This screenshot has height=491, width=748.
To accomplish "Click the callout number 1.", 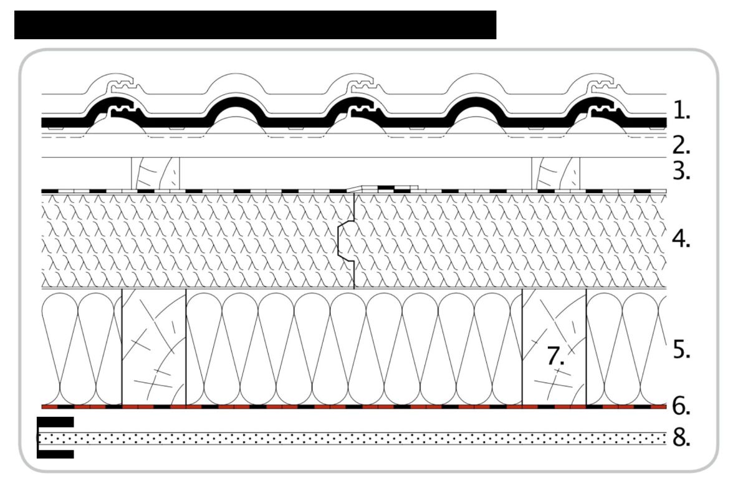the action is [x=681, y=110].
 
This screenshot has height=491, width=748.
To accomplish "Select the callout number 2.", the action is [x=681, y=145].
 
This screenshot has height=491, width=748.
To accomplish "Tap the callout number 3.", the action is [x=681, y=171].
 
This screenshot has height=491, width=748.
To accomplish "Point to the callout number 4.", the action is [x=681, y=239].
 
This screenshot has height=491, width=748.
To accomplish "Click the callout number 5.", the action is [x=681, y=350].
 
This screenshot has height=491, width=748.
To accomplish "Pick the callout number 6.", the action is [x=681, y=406].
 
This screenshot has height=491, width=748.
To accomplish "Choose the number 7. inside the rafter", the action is [x=555, y=356].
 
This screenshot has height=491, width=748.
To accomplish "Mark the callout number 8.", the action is [x=681, y=437].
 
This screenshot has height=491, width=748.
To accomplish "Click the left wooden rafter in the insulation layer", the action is [x=154, y=347].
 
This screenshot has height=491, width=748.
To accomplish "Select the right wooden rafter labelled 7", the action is [x=554, y=347].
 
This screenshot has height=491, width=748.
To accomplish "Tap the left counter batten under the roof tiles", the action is [x=155, y=173].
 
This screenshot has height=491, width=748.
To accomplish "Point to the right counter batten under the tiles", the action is [x=555, y=173].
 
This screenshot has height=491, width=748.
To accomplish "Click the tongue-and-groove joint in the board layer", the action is [x=346, y=241].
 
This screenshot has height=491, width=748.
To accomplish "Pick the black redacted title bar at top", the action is [x=255, y=25].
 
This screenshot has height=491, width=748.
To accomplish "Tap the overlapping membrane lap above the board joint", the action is [x=382, y=189].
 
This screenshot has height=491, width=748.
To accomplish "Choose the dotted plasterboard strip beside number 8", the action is [x=353, y=438].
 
